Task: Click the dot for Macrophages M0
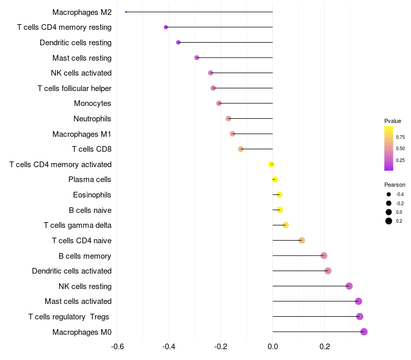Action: pyautogui.click(x=364, y=332)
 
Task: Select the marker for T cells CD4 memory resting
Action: pyautogui.click(x=165, y=27)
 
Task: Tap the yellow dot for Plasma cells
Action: pyautogui.click(x=275, y=179)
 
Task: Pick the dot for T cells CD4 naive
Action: pyautogui.click(x=302, y=241)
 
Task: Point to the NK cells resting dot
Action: pyautogui.click(x=349, y=286)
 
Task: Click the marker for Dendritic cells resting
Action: pyautogui.click(x=178, y=42)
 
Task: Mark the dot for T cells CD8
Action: pyautogui.click(x=240, y=149)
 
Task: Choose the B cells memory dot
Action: pyautogui.click(x=324, y=256)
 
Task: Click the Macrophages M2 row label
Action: pyautogui.click(x=82, y=12)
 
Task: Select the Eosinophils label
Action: pyautogui.click(x=92, y=195)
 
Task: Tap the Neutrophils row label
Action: pyautogui.click(x=92, y=119)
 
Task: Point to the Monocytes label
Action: pyautogui.click(x=92, y=103)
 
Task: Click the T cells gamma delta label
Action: pyautogui.click(x=78, y=225)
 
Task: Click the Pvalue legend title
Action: pyautogui.click(x=393, y=121)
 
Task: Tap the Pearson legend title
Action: pyautogui.click(x=395, y=185)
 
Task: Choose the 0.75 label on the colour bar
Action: pyautogui.click(x=400, y=137)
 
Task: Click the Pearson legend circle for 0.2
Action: pyautogui.click(x=389, y=221)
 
